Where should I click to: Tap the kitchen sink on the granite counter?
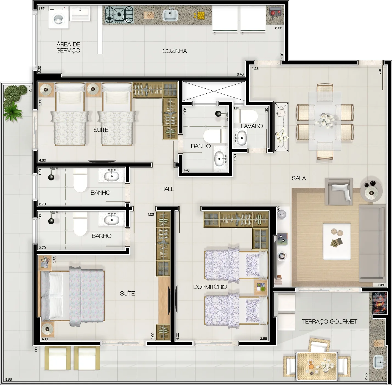click(170, 15)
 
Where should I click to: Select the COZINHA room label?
click(175, 51)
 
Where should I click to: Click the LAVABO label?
click(252, 126)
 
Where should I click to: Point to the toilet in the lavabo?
click(249, 116)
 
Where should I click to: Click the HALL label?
click(167, 189)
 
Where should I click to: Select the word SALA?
click(299, 178)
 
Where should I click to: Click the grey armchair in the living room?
click(339, 192)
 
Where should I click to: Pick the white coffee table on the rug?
click(337, 241)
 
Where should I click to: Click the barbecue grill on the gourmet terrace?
click(379, 303)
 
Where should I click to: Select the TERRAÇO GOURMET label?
click(329, 322)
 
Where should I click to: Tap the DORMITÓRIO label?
click(210, 287)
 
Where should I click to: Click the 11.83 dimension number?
click(8, 379)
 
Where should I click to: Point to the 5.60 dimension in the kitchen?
click(278, 28)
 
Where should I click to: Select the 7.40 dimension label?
click(380, 71)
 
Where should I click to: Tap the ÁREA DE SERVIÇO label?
click(68, 48)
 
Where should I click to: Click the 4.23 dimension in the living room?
click(255, 69)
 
